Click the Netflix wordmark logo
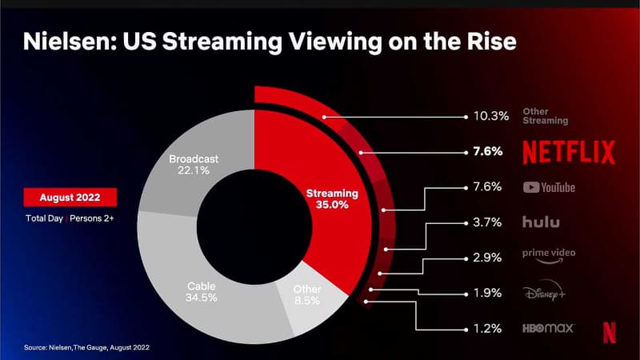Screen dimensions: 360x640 [x=569, y=152]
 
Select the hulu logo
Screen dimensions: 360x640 [x=541, y=222]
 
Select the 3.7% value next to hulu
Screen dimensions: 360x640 [x=486, y=222]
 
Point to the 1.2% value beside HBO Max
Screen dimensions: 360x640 [x=486, y=328]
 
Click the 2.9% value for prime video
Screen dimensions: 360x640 [x=486, y=258]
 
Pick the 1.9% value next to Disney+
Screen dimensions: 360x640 [x=486, y=293]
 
